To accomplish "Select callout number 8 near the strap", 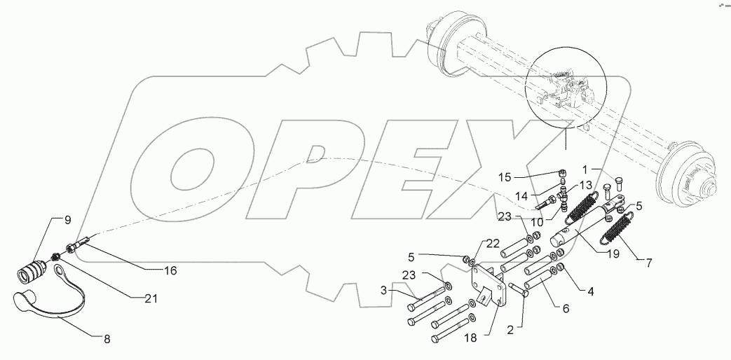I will click(x=107, y=340).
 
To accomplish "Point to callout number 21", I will click(x=150, y=299).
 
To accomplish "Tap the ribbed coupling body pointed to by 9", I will click(x=34, y=270).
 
